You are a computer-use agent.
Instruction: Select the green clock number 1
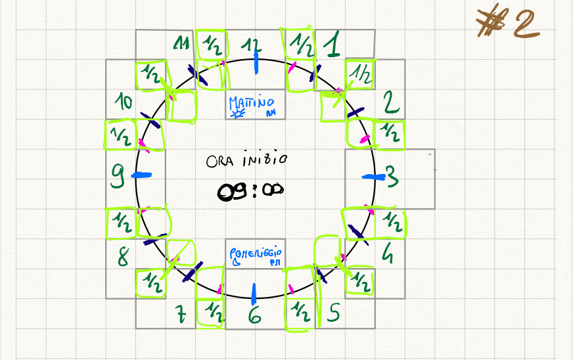click(x=334, y=45)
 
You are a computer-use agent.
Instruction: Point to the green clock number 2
click(x=391, y=103)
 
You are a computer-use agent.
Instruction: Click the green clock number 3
click(x=391, y=176)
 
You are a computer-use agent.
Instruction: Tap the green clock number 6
click(x=255, y=316)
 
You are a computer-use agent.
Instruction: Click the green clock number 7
click(x=182, y=315)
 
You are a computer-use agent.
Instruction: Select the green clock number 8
click(x=123, y=256)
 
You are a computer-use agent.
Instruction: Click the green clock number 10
click(x=124, y=102)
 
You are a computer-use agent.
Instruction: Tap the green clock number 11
click(x=181, y=44)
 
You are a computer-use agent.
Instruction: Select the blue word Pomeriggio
click(x=256, y=252)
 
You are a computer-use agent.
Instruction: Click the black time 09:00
click(x=250, y=191)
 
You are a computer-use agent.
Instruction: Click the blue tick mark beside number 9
click(x=142, y=175)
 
